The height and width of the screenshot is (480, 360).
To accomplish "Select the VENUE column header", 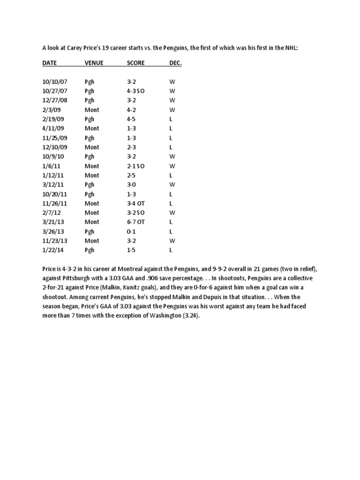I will click(94, 63).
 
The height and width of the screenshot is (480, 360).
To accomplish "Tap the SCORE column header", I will click(135, 63).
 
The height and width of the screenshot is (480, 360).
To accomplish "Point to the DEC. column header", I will click(175, 63).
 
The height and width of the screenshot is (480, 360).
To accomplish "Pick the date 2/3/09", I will click(49, 110).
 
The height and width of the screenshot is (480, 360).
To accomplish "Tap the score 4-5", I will click(131, 119).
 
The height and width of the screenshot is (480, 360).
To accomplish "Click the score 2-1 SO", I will click(135, 166).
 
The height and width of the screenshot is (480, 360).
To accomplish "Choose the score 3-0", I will click(131, 185).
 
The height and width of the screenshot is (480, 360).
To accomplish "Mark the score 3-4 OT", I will click(136, 203).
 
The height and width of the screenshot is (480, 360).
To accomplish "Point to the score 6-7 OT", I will click(136, 222).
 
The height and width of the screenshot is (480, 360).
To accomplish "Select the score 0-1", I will click(131, 232).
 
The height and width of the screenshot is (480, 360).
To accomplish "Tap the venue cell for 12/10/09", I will click(92, 147).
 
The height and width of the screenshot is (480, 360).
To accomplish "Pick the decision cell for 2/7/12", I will click(172, 213).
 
